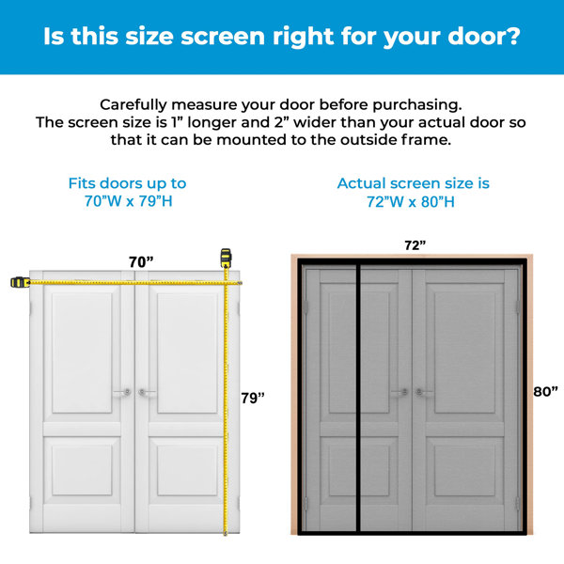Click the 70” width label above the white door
point(141,261)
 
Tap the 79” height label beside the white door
point(253,398)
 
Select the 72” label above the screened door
point(415,245)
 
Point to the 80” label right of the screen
point(545,391)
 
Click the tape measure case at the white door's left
point(20,282)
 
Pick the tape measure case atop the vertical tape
point(226,258)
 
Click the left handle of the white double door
point(123,392)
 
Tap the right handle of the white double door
point(147,392)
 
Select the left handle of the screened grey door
point(400,392)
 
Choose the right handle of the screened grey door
point(424,392)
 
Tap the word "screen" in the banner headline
point(222,37)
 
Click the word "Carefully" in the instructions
point(133,105)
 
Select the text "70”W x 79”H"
point(129,201)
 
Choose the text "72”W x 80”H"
point(411,202)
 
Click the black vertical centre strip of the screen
point(358,398)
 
